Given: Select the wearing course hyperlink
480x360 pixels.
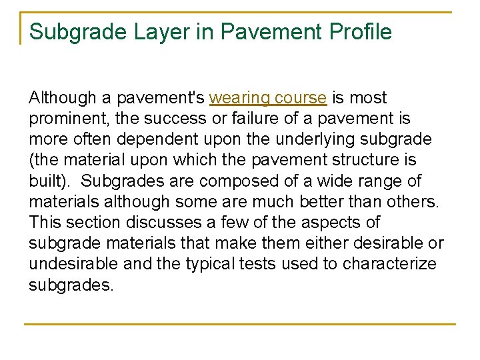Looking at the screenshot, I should tap(268, 98).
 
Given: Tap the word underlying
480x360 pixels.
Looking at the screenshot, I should tap(315, 139).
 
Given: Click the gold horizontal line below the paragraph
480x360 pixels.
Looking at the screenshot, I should tap(240, 324).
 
